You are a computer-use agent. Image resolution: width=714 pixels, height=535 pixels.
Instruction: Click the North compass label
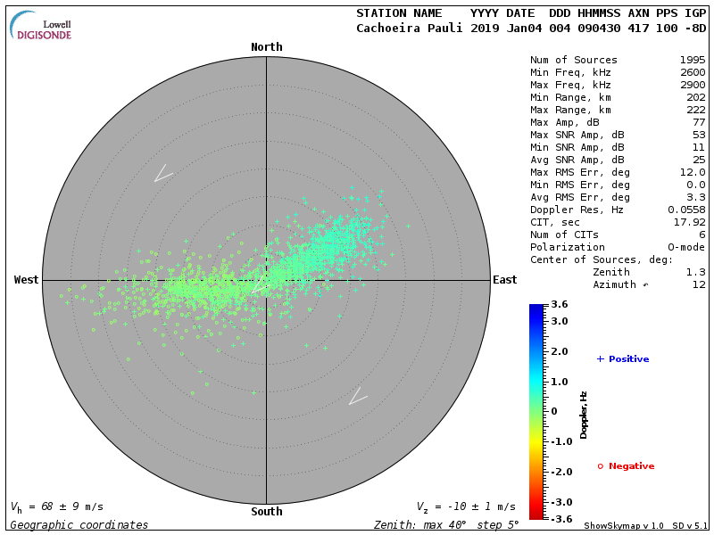(x=266, y=47)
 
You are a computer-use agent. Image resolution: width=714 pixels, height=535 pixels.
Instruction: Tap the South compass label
(x=266, y=512)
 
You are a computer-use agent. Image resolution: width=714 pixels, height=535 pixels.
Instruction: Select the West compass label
(x=27, y=280)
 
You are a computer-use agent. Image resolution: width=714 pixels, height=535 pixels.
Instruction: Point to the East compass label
(x=504, y=280)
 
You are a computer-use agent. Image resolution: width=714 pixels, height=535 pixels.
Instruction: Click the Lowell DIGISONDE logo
(x=42, y=27)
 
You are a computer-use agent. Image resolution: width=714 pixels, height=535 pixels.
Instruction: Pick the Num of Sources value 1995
(x=693, y=61)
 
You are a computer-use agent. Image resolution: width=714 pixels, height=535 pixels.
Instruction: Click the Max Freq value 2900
(x=693, y=84)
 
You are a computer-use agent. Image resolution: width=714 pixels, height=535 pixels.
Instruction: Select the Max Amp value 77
(x=699, y=122)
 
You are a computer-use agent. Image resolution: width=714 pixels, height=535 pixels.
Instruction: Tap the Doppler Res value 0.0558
(x=686, y=210)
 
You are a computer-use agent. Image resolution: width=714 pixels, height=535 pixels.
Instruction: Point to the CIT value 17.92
(x=690, y=222)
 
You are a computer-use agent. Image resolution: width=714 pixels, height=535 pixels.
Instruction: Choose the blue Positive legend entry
(x=623, y=359)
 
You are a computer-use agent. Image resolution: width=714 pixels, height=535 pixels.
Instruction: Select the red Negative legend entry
(x=626, y=466)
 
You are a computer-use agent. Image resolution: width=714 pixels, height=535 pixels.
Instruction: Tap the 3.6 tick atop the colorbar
(x=560, y=305)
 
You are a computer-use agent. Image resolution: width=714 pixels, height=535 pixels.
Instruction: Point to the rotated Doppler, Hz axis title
(x=584, y=415)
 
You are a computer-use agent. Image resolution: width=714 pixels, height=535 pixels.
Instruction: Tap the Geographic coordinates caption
(x=79, y=525)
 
